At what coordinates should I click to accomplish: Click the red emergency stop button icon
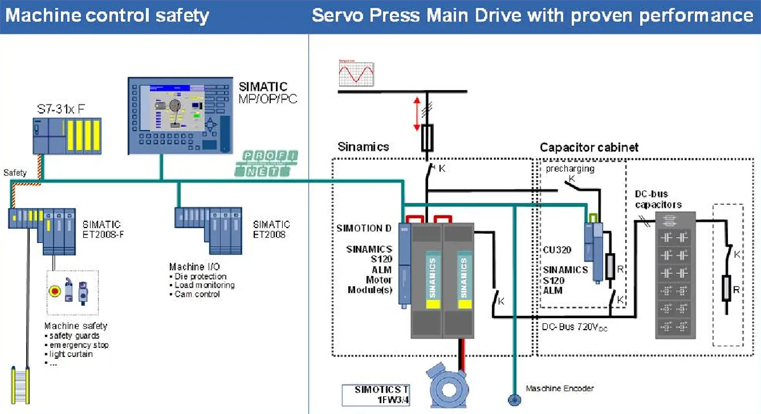click(x=55, y=291)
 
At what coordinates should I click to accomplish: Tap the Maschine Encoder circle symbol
click(x=511, y=399)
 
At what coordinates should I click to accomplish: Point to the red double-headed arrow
click(x=417, y=113)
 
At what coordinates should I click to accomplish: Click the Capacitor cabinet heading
click(x=589, y=148)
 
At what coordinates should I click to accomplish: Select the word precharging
click(x=568, y=169)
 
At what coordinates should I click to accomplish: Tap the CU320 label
click(x=557, y=250)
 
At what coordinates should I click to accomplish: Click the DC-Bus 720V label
click(x=573, y=327)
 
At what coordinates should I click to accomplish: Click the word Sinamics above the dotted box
click(x=363, y=147)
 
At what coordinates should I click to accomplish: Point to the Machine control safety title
click(x=107, y=15)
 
